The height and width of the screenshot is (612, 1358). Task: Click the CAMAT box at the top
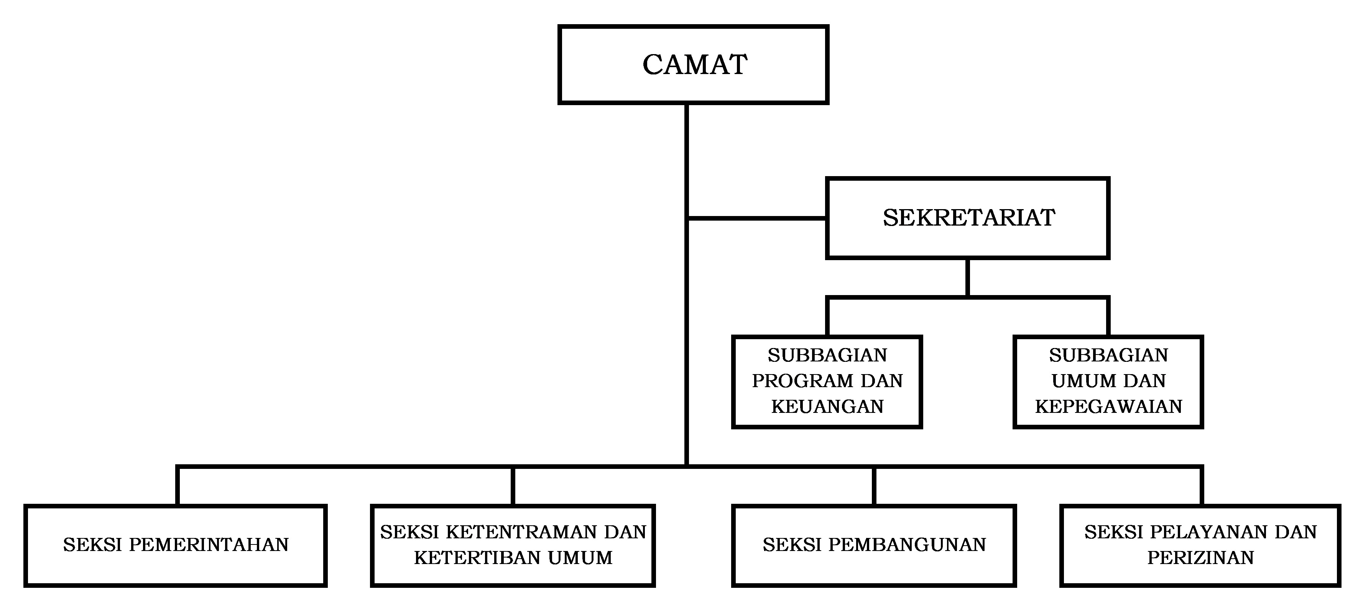pos(693,64)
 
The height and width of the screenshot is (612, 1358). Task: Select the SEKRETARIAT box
pos(968,218)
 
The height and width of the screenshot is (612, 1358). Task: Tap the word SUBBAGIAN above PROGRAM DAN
pos(827,355)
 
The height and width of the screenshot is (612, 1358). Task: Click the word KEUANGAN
pos(827,406)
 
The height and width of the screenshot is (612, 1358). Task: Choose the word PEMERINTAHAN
pos(209,544)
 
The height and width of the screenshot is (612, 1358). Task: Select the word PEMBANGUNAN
pos(907,544)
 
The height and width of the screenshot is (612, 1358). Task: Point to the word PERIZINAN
pos(1200,558)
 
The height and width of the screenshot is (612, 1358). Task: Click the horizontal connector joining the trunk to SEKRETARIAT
pos(757,218)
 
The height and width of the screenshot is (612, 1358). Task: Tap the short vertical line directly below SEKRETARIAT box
pos(968,277)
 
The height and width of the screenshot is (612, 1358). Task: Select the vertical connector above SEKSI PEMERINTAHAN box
pos(178,485)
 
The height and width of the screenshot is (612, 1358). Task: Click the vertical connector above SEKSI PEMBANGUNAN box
pos(874,485)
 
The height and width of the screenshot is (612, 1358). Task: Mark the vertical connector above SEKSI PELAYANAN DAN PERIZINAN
pos(1202,485)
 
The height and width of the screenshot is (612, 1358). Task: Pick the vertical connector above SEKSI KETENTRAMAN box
pos(512,485)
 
